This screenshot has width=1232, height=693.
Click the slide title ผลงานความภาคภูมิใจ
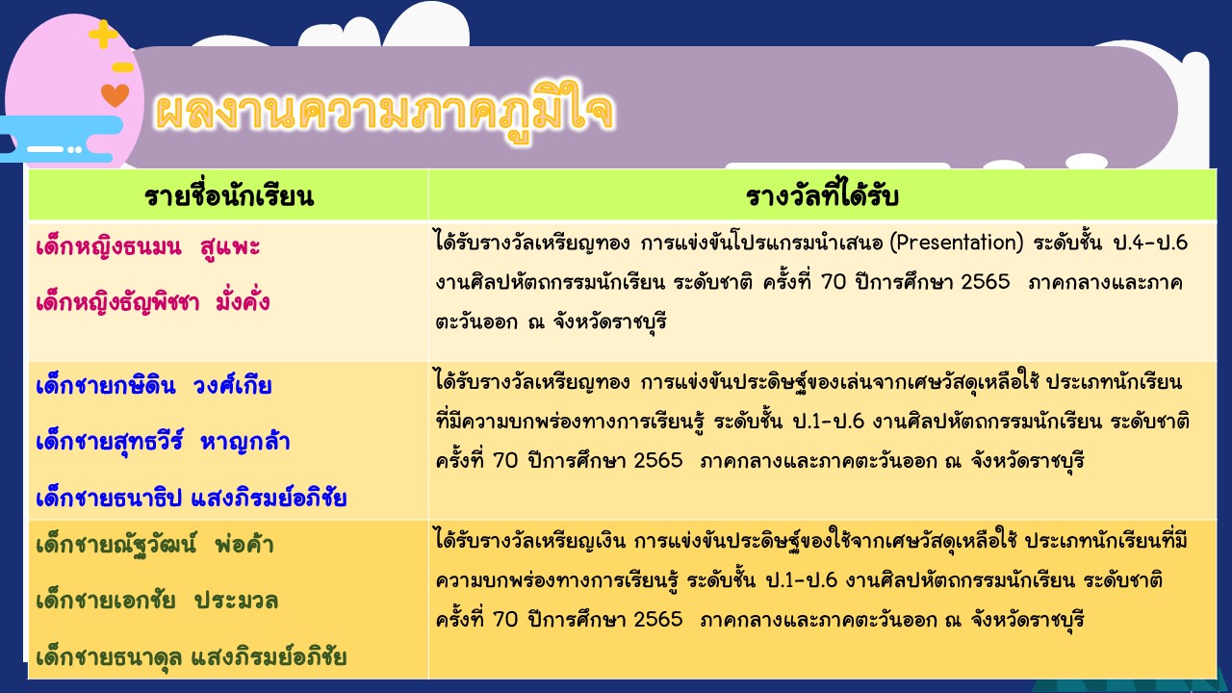pyautogui.click(x=384, y=112)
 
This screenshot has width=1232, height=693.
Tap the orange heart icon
pyautogui.click(x=115, y=95)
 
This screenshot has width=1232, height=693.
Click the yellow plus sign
pyautogui.click(x=103, y=34)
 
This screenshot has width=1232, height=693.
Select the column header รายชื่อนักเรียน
pyautogui.click(x=229, y=195)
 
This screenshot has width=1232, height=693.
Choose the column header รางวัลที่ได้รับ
pyautogui.click(x=822, y=195)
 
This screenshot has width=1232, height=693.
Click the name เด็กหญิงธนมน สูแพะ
pyautogui.click(x=148, y=247)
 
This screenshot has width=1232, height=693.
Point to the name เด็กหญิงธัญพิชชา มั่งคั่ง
pyautogui.click(x=153, y=302)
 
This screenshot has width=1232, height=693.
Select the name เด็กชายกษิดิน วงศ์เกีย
pyautogui.click(x=153, y=385)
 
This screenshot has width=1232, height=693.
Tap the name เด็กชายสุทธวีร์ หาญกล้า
pyautogui.click(x=163, y=442)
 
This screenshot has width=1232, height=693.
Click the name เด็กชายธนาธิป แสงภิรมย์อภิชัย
pyautogui.click(x=191, y=498)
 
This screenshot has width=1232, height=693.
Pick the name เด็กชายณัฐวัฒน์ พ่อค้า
pyautogui.click(x=155, y=545)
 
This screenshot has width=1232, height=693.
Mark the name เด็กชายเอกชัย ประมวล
pyautogui.click(x=157, y=601)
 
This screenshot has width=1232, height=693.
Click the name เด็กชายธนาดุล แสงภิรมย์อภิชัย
pyautogui.click(x=191, y=657)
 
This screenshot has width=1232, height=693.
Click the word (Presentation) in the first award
pyautogui.click(x=957, y=243)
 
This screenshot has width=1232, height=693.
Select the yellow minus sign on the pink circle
pyautogui.click(x=122, y=67)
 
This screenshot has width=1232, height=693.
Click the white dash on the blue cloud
pyautogui.click(x=45, y=149)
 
